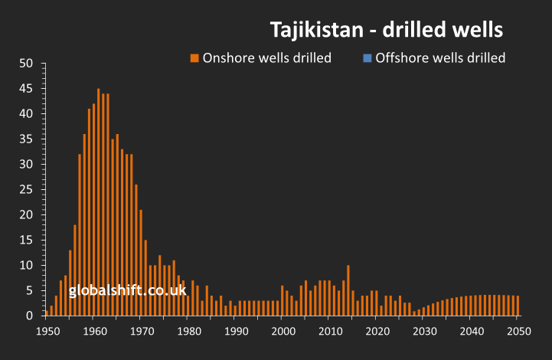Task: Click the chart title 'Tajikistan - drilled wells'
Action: coord(386,30)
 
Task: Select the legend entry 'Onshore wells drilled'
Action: coord(266,58)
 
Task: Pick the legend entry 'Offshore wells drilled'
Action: coord(440,58)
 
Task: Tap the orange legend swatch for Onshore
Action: coord(194,58)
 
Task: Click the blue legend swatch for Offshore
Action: coord(368,58)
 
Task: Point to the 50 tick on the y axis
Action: coord(26,63)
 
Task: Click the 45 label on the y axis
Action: coord(26,88)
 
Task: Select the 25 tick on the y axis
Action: coord(26,189)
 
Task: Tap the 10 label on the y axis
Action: coord(26,265)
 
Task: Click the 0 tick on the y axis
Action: coord(29,316)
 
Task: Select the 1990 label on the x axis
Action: coord(236,332)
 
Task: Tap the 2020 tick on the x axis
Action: coord(377,332)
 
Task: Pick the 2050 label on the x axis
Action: coord(518,332)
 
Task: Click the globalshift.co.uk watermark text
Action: coord(127,291)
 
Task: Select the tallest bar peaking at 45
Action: coord(98,202)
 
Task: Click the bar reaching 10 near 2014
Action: coord(348,290)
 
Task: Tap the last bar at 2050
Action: coord(518,306)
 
